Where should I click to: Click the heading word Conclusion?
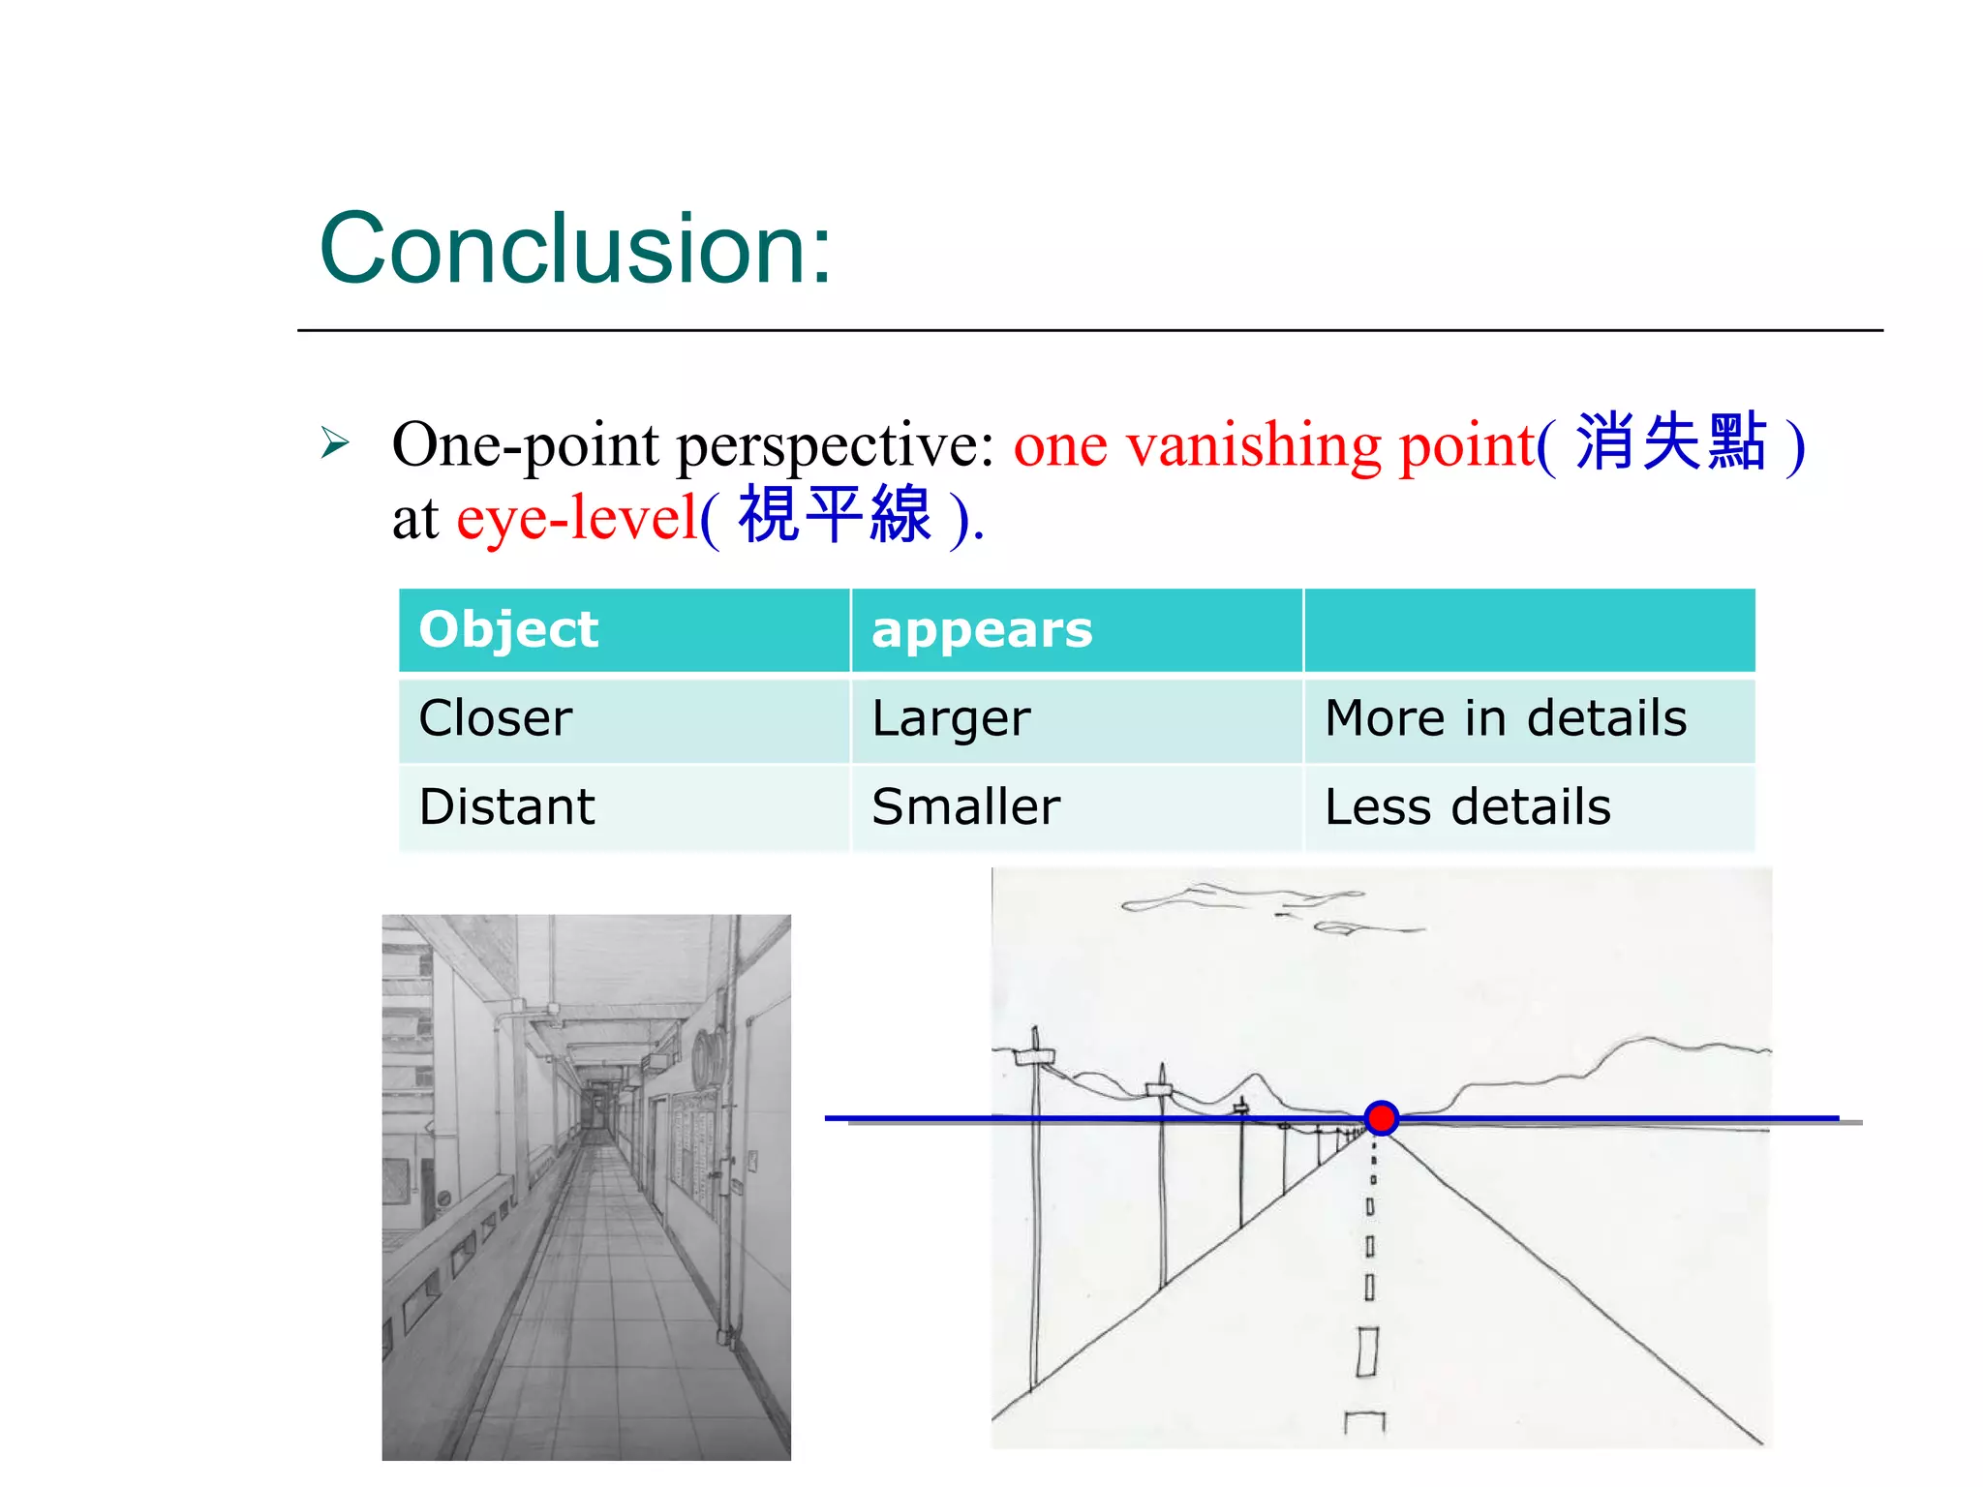pyautogui.click(x=575, y=249)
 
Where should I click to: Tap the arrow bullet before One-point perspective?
pyautogui.click(x=335, y=443)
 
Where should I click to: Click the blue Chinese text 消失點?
pyautogui.click(x=1671, y=442)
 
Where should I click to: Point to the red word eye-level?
pyautogui.click(x=577, y=518)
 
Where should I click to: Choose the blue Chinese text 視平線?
pyautogui.click(x=835, y=516)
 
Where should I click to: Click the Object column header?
pyautogui.click(x=509, y=630)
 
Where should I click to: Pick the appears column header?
pyautogui.click(x=982, y=630)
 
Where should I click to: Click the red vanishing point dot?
pyautogui.click(x=1381, y=1118)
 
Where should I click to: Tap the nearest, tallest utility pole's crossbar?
pyautogui.click(x=1034, y=1054)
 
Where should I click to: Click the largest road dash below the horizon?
pyautogui.click(x=1367, y=1350)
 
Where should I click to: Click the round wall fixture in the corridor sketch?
pyautogui.click(x=710, y=1058)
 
